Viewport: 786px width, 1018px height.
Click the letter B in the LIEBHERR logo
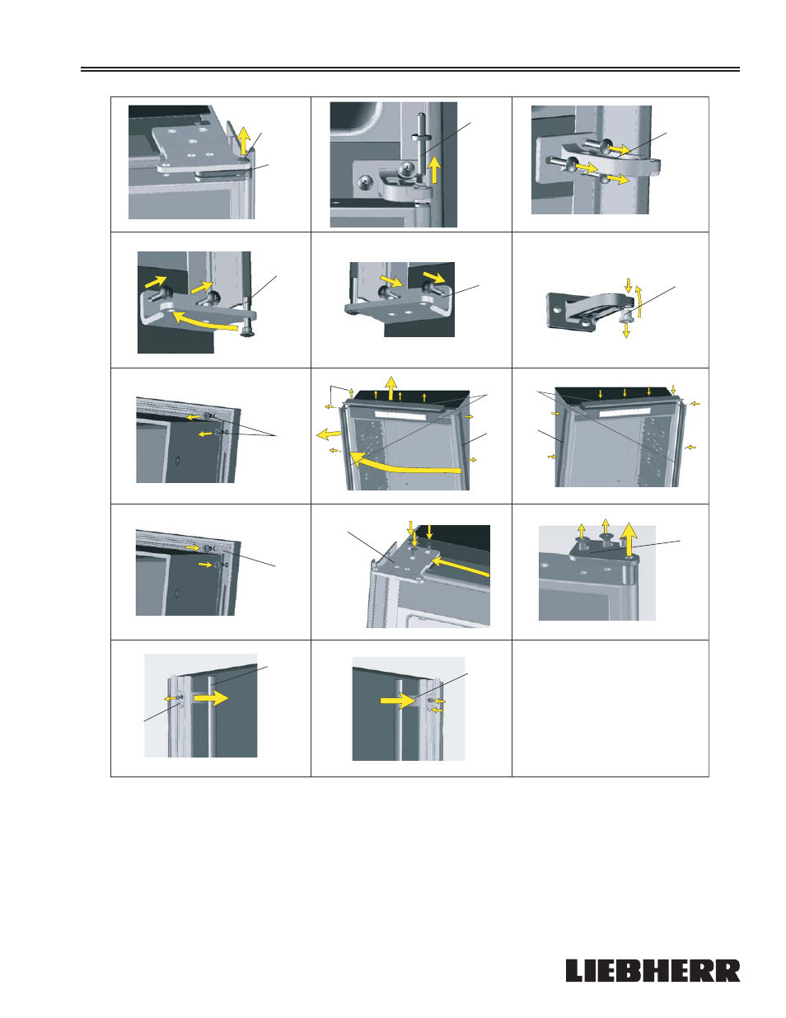point(626,970)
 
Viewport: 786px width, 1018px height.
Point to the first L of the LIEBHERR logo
point(575,970)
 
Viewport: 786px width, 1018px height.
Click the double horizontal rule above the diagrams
point(410,69)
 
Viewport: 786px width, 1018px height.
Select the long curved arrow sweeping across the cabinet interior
point(403,464)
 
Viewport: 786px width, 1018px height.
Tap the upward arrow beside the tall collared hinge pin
point(435,170)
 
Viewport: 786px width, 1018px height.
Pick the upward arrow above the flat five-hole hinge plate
point(242,140)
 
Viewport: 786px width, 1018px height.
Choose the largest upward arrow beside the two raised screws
point(629,539)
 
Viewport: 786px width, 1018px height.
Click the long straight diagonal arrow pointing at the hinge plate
point(460,566)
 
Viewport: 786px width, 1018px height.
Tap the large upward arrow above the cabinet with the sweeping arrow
point(391,387)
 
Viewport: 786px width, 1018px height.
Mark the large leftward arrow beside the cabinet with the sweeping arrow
point(329,434)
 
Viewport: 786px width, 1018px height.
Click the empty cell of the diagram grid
point(611,708)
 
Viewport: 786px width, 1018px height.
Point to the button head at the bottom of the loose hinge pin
point(246,333)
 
